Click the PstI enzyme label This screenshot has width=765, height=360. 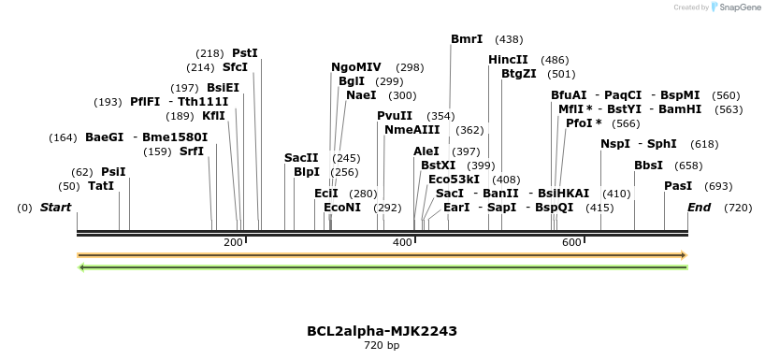tap(245, 53)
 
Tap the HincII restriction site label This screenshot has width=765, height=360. tap(508, 60)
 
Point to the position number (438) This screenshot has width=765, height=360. tap(509, 39)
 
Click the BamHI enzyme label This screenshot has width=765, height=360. tap(680, 109)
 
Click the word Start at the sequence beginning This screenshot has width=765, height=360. tap(55, 208)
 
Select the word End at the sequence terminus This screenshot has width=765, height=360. tap(700, 208)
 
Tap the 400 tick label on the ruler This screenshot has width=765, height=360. tap(403, 242)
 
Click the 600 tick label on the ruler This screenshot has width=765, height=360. tap(571, 242)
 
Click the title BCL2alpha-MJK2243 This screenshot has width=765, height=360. tap(382, 331)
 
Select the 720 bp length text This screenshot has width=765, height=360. tap(382, 345)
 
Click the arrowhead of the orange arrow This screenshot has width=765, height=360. tap(684, 255)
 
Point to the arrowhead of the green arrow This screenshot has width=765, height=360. tap(82, 267)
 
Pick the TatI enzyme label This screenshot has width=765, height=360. tap(101, 186)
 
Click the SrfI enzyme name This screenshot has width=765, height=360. tap(192, 151)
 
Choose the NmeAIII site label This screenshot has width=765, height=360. tap(412, 130)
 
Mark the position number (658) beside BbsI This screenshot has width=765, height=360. tap(688, 166)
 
